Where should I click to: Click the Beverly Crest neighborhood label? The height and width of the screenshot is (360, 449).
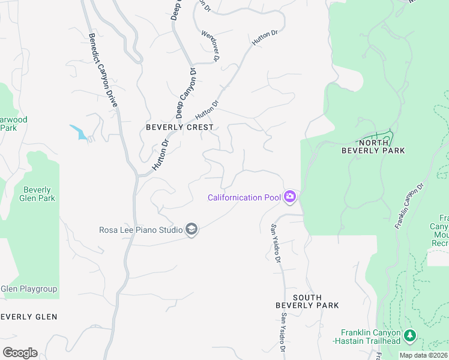pos(179,127)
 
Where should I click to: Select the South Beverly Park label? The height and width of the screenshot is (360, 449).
pos(307,301)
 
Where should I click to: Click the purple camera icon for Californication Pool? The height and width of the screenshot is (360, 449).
pos(290,197)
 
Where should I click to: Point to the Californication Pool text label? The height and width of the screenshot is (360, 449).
pos(244,197)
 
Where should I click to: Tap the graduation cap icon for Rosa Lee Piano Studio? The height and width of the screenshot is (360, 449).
pos(191,230)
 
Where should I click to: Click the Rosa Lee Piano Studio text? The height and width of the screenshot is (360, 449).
pos(141,230)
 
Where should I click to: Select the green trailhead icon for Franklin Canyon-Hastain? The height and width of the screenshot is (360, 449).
pos(410,335)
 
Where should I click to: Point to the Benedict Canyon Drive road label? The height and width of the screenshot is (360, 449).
pos(103,70)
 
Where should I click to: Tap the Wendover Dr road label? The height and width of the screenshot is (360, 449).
pos(211,46)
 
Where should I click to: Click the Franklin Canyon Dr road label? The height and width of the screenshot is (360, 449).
pos(409,206)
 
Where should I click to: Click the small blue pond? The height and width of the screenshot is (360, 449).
pos(79,131)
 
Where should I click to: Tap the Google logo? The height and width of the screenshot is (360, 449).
pos(20,353)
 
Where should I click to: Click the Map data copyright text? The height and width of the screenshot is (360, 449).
pos(423,355)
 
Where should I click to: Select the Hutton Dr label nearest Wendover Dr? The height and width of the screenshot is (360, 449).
pos(264,38)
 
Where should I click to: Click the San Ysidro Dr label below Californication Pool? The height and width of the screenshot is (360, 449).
pos(275,244)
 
